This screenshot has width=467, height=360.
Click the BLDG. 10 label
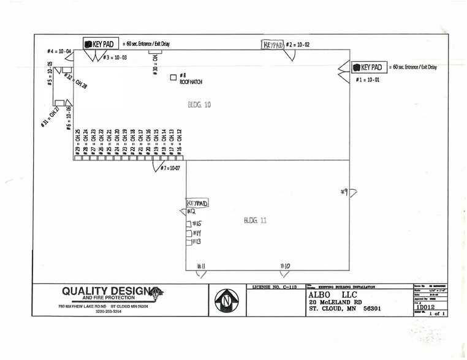coord(199,105)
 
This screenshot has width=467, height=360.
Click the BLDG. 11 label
coord(255,220)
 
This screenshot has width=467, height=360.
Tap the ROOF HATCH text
coord(191,82)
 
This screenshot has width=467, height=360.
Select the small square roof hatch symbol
coord(173,78)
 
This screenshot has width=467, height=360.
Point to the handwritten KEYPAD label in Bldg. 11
coord(197,203)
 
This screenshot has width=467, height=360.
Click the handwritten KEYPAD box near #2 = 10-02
coord(273,45)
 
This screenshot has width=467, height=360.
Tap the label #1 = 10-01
coord(368,80)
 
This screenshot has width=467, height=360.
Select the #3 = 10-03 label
coord(115,58)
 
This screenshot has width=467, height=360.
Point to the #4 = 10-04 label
coord(60,51)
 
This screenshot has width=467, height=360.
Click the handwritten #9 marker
coord(344,192)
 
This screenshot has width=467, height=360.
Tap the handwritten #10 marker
coord(284,266)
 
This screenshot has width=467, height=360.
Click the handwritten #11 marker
coord(200,266)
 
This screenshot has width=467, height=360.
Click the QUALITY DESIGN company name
coord(101,291)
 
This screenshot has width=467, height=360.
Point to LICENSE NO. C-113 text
coord(275,287)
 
